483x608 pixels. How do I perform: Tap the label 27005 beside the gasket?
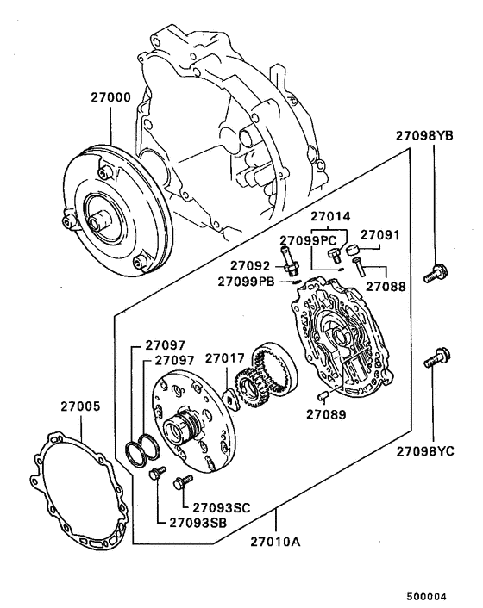click(x=78, y=406)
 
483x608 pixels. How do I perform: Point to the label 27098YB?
click(x=433, y=135)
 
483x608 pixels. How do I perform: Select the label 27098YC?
click(x=433, y=450)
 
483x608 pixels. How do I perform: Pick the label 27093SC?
click(x=221, y=507)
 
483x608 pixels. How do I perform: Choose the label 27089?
click(x=325, y=414)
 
